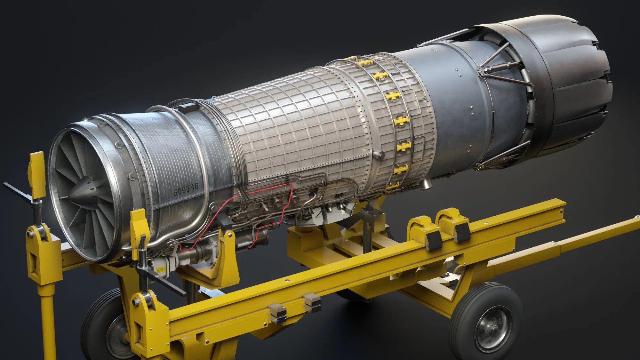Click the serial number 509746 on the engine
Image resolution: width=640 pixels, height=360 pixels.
point(186,189)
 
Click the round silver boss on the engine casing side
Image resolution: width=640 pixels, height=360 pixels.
point(380,155)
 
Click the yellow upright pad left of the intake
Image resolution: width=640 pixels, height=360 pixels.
point(36,174)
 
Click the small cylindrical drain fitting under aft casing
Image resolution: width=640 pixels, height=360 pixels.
point(427,183)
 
